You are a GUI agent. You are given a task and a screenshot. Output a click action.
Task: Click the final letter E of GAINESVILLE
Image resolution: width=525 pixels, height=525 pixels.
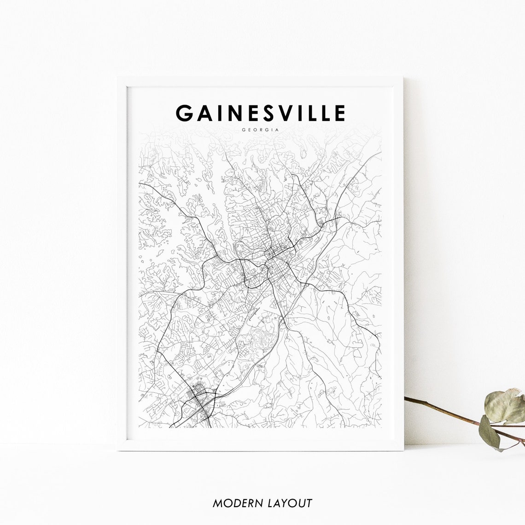pos(339,113)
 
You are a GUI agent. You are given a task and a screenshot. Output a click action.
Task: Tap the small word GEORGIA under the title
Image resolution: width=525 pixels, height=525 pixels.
pos(260,129)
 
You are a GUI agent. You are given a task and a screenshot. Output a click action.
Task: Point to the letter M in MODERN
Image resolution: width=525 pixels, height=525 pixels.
pos(217,503)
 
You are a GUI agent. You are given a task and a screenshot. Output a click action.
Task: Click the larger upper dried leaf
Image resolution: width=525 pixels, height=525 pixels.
pos(505,405)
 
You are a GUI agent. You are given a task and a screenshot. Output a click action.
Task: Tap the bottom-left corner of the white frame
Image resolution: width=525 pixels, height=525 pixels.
pos(118,449)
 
